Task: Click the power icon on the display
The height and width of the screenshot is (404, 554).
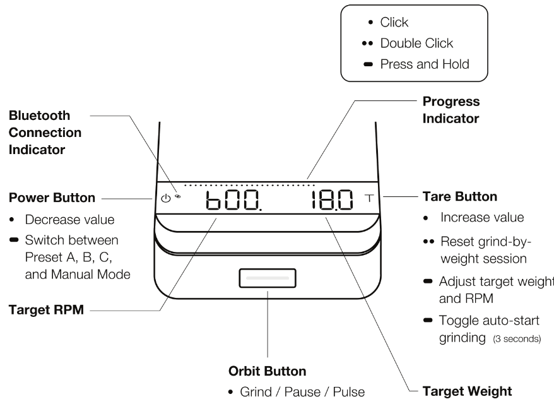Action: [x=166, y=198]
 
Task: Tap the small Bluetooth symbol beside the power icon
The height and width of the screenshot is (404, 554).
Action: [x=178, y=196]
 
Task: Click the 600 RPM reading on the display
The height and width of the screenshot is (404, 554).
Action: [x=231, y=202]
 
